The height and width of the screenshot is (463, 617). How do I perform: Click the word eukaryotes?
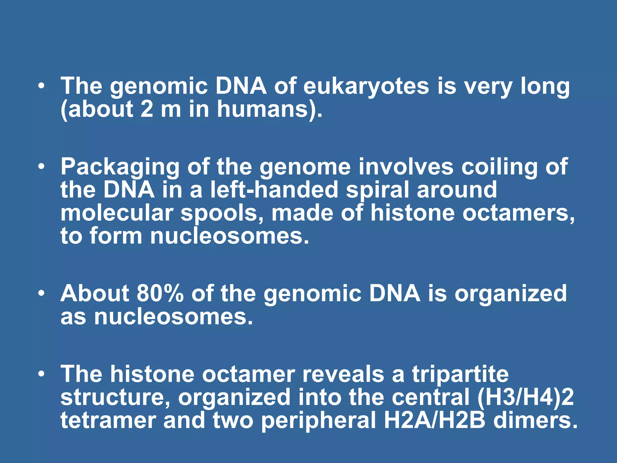pos(366,87)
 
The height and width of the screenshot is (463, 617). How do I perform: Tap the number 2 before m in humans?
pos(147,109)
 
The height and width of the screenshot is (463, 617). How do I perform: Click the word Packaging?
pos(120,167)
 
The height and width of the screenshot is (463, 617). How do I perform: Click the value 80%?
pos(160,293)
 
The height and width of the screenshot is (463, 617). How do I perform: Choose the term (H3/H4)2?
pos(525,397)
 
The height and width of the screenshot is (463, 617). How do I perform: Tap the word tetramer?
pos(108,420)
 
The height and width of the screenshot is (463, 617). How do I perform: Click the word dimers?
pos(535,420)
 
